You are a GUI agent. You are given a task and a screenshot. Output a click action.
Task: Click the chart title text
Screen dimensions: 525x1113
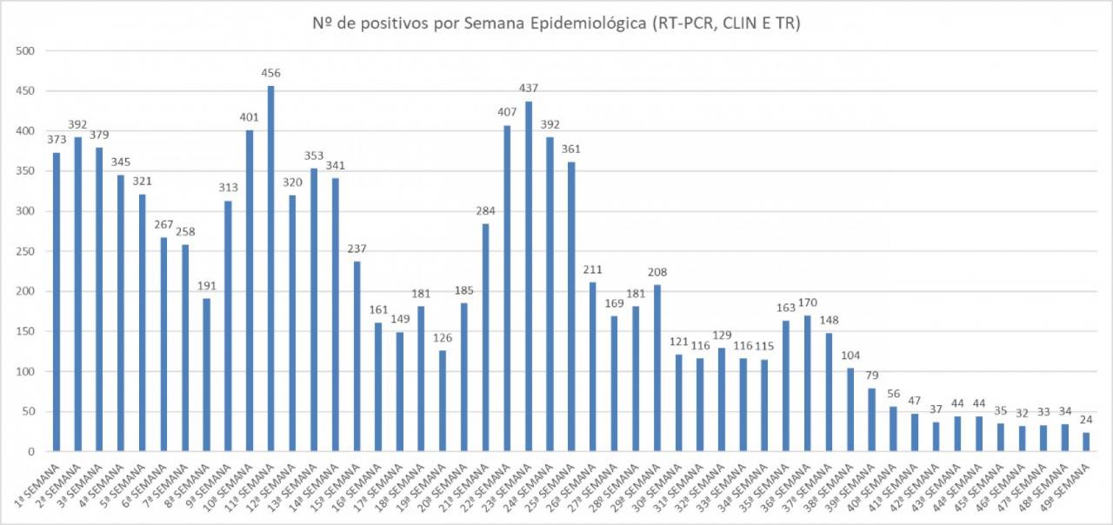point(556,23)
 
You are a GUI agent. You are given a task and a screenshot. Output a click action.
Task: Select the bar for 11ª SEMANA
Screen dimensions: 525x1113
point(270,269)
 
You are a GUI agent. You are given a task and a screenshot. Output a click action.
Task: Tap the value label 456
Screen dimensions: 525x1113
point(270,73)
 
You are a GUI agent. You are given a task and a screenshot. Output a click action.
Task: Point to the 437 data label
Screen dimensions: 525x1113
point(528,89)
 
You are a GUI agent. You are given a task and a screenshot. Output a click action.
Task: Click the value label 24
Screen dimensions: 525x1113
point(1085,420)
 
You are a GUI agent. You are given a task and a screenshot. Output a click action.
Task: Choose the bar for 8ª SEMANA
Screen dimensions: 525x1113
point(206,375)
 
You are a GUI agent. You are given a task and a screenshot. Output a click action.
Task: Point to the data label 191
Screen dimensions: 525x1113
point(206,286)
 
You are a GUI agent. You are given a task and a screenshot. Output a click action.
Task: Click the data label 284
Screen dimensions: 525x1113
point(485,211)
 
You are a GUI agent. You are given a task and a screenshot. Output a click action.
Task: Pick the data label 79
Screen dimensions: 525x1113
point(871,375)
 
